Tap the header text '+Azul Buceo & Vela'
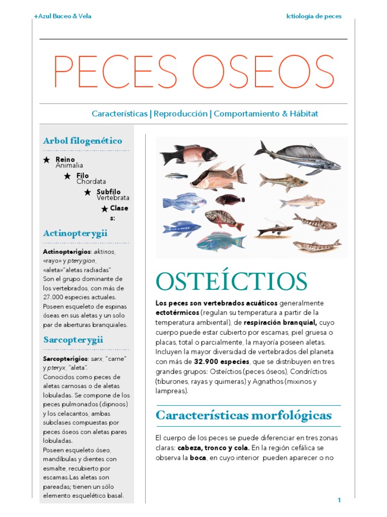pyautogui.click(x=62, y=16)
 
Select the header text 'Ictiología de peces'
pyautogui.click(x=313, y=16)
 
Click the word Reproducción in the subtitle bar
pyautogui.click(x=181, y=114)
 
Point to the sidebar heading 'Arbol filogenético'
pyautogui.click(x=83, y=141)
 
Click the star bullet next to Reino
pyautogui.click(x=46, y=160)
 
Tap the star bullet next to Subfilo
pyautogui.click(x=88, y=192)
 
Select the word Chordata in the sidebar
pyautogui.click(x=91, y=181)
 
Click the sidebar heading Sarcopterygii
pyautogui.click(x=73, y=340)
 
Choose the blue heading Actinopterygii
pyautogui.click(x=75, y=233)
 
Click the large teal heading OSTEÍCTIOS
pyautogui.click(x=231, y=282)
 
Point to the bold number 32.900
pyautogui.click(x=208, y=361)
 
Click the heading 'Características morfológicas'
pyautogui.click(x=244, y=416)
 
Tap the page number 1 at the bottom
pyautogui.click(x=339, y=500)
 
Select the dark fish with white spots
pyautogui.click(x=230, y=199)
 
